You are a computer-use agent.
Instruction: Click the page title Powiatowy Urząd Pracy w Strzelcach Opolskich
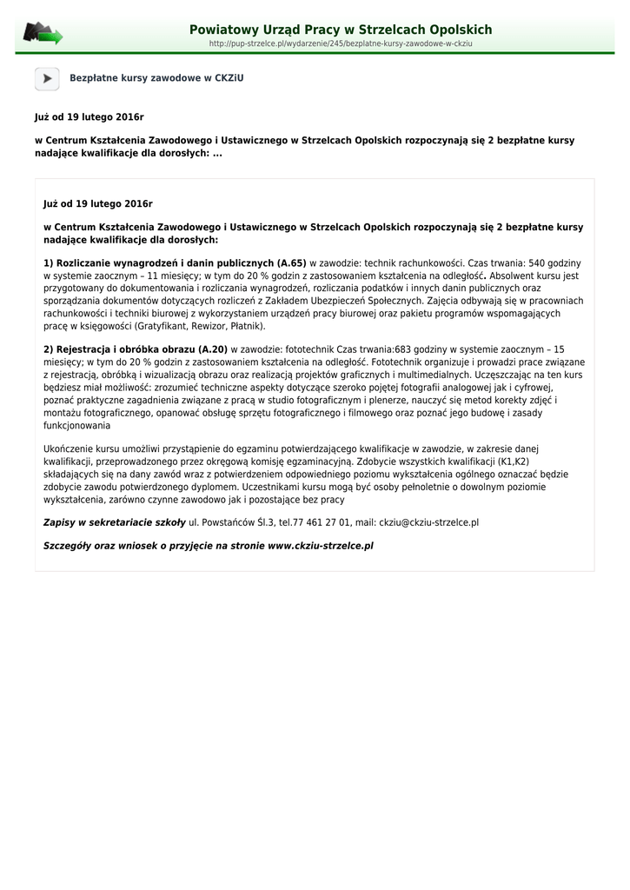(341, 30)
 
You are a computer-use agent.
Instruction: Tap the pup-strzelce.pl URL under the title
(341, 43)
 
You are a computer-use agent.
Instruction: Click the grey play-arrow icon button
(47, 78)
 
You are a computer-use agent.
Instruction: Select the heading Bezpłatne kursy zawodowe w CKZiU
(156, 78)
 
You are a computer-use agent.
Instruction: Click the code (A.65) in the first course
(291, 262)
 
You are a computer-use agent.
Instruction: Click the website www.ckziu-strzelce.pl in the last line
(320, 547)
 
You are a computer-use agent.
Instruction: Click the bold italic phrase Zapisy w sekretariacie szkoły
(114, 523)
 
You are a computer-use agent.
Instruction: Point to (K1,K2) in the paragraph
(514, 462)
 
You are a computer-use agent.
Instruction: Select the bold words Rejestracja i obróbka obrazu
(125, 349)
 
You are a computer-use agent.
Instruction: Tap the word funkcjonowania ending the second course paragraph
(76, 426)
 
